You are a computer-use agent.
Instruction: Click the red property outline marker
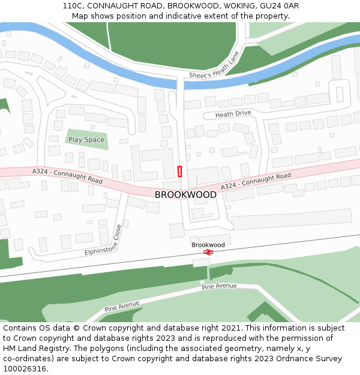[x=180, y=171]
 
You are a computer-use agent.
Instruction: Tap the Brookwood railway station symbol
[x=208, y=253]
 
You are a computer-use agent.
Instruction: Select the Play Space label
[x=86, y=140]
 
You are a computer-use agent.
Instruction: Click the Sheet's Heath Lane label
[x=214, y=65]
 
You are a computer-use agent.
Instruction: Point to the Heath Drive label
[x=233, y=114]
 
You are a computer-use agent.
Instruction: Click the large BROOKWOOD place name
[x=185, y=195]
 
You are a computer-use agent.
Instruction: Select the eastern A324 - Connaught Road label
[x=256, y=181]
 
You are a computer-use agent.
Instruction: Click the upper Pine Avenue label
[x=219, y=287]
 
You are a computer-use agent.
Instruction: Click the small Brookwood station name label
[x=208, y=245]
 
